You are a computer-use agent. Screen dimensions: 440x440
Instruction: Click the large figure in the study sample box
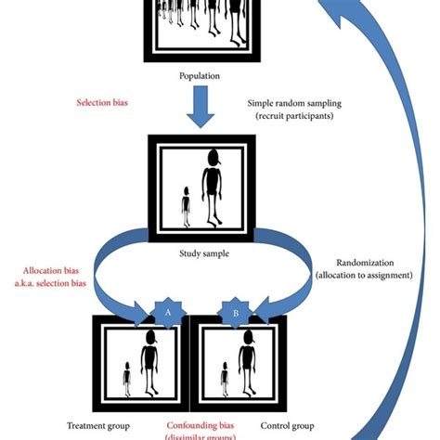pos(214,186)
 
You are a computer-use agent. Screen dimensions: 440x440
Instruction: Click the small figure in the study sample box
pos(186,205)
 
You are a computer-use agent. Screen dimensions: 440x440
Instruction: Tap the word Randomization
pos(355,264)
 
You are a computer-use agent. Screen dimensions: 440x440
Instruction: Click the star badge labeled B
pos(236,314)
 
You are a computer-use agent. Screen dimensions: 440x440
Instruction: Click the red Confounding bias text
pos(202,427)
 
